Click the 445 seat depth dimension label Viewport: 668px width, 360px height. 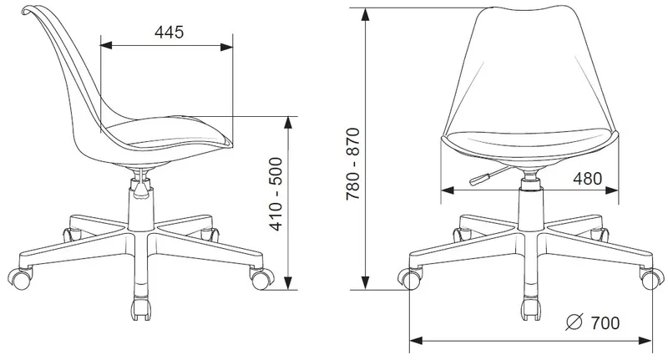click(x=170, y=33)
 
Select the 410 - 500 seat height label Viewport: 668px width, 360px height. click(x=276, y=195)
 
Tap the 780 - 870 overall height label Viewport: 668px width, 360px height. click(x=353, y=164)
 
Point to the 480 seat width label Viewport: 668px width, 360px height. click(x=588, y=179)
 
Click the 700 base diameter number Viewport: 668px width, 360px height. click(x=605, y=323)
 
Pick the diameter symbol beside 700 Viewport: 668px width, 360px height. click(x=574, y=322)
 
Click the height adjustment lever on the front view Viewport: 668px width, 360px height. click(x=490, y=175)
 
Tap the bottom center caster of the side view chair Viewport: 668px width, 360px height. click(x=141, y=308)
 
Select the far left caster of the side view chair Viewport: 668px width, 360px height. click(x=19, y=278)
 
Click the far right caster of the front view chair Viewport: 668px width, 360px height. click(x=651, y=279)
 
